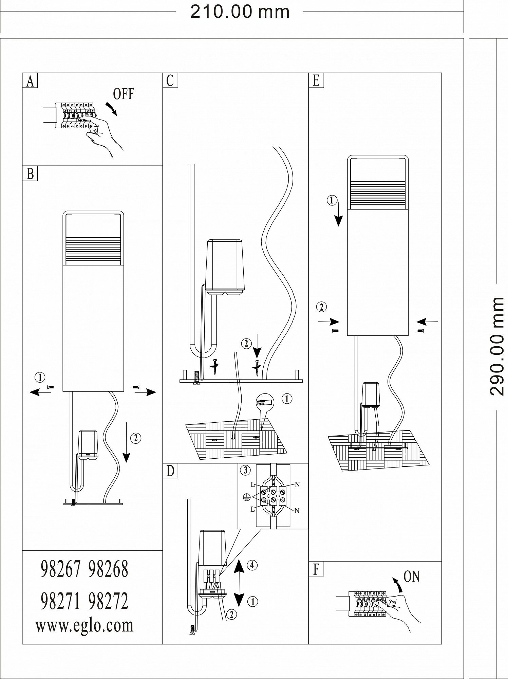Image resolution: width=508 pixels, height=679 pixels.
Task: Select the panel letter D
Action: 170,471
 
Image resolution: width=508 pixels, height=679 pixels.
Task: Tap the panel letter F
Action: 316,569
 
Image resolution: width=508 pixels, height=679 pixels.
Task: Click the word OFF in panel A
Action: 124,94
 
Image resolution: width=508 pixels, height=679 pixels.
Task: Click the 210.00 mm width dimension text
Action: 240,12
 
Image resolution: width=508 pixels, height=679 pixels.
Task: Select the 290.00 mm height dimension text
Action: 497,346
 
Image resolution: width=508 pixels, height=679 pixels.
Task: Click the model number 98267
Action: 61,569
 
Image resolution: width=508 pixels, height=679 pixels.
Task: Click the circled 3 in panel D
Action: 244,471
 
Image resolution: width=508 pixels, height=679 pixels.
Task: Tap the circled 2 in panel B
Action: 136,438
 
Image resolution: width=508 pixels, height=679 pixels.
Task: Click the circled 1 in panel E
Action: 332,200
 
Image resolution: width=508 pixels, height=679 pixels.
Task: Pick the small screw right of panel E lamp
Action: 422,330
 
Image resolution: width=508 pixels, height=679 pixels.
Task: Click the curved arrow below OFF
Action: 111,109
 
